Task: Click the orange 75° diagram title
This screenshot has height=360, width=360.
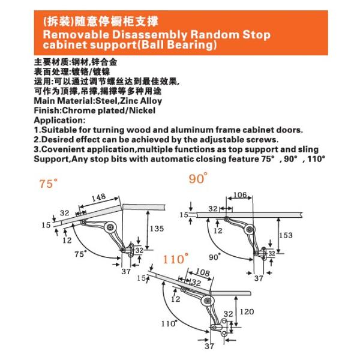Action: click(47, 184)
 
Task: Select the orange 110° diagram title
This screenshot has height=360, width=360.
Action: click(176, 259)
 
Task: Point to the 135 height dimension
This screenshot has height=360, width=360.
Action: click(157, 228)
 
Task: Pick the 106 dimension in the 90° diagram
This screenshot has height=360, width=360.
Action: click(239, 194)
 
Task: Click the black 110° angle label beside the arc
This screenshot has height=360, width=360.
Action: click(169, 323)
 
